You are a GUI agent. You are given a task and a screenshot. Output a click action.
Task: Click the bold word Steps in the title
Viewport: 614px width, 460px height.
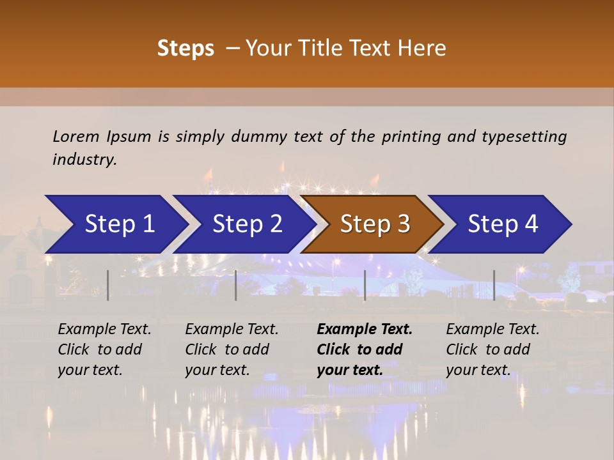[x=185, y=49]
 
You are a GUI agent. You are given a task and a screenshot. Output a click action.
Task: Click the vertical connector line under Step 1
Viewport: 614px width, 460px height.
[x=108, y=285]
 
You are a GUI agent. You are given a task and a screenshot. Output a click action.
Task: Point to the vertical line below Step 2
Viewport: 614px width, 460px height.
[x=236, y=285]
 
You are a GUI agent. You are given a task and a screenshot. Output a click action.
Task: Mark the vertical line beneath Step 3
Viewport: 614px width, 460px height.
[x=365, y=285]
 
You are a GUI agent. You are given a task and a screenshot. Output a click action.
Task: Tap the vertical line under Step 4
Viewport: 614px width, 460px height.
[x=494, y=285]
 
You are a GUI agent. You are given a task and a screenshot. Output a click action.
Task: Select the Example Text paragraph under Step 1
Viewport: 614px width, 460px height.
[x=104, y=349]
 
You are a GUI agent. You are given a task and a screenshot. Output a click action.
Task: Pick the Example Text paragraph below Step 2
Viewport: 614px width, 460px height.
[x=232, y=349]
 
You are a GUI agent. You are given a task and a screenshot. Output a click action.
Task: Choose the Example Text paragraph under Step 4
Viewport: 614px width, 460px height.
[x=492, y=349]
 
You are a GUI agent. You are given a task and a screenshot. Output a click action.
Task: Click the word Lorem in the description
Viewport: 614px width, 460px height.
[x=76, y=137]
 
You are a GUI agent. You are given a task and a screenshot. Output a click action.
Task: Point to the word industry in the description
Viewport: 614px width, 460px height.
[x=84, y=160]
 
